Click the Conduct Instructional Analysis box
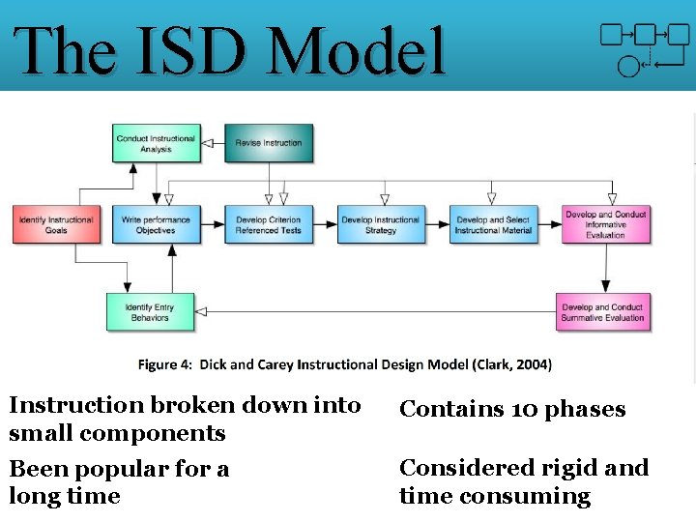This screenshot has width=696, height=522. click(x=156, y=143)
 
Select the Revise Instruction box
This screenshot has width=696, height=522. click(x=269, y=143)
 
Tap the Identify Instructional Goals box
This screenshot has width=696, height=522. click(x=56, y=224)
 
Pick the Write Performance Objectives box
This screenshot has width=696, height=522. click(x=156, y=224)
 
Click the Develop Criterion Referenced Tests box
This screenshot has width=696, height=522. click(x=269, y=224)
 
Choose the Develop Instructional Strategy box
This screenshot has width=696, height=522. click(x=381, y=224)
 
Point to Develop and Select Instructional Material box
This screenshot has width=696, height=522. click(x=493, y=224)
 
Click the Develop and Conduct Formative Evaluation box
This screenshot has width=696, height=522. click(x=605, y=224)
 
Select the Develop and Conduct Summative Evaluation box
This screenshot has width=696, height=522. click(x=602, y=312)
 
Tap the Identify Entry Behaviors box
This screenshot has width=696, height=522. click(x=150, y=312)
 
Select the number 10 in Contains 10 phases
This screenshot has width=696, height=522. click(x=525, y=410)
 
